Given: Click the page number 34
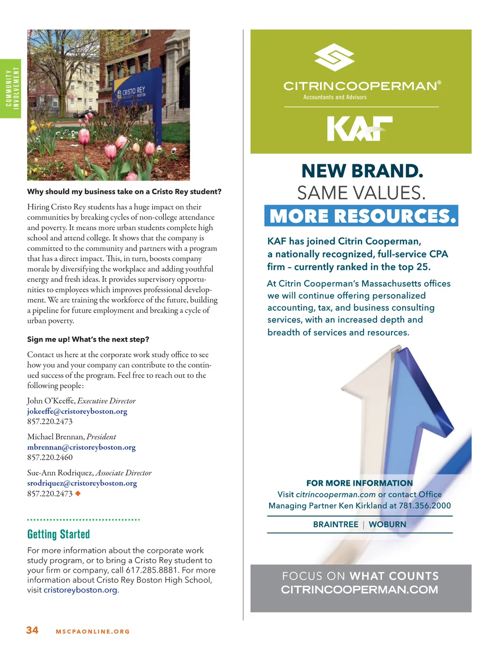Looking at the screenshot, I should coord(32,630).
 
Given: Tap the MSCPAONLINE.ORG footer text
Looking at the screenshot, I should coord(93,632).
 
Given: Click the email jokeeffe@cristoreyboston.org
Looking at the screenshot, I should coord(77,411).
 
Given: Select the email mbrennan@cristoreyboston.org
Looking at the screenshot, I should coord(81,447).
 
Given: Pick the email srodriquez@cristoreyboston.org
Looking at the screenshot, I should coord(82,483).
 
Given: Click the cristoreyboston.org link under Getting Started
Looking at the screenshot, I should coord(80,590).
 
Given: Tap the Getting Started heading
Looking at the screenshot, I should coord(58,534).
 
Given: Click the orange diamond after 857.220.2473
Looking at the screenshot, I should coord(78,493).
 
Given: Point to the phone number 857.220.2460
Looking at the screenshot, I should coord(50,457).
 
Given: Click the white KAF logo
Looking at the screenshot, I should coord(360,129).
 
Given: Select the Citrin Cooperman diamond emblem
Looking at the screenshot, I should coord(335,57).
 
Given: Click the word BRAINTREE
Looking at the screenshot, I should coord(335,524).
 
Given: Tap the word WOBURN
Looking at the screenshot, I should coord(387,524).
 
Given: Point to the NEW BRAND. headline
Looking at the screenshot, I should coord(362,171).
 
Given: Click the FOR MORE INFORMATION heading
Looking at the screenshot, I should coord(360,483).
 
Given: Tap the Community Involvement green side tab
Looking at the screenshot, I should coord(11,88).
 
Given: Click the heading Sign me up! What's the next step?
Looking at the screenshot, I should coord(88,339).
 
